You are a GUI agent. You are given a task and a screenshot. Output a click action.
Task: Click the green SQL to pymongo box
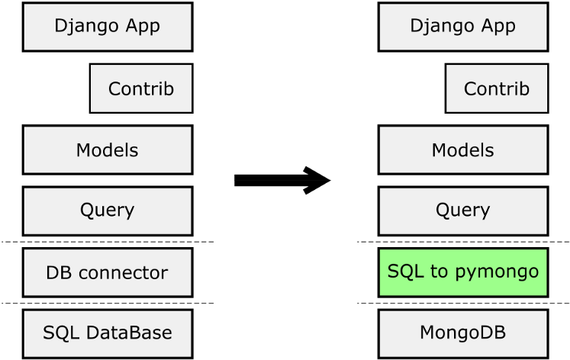click(462, 272)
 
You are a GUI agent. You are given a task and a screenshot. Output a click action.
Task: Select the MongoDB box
click(462, 334)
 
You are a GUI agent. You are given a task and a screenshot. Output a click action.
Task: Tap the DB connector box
click(108, 272)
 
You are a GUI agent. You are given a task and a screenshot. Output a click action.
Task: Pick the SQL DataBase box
click(108, 334)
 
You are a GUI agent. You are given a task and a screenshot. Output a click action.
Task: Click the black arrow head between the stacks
click(317, 180)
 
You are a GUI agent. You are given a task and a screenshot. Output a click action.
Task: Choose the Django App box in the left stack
click(108, 27)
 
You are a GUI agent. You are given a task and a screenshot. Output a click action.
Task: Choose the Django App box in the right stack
click(462, 27)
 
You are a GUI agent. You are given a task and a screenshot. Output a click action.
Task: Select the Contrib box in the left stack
click(141, 88)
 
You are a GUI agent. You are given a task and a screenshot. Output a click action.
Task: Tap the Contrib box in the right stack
click(497, 88)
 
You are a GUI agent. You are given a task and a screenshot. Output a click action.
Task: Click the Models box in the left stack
click(108, 149)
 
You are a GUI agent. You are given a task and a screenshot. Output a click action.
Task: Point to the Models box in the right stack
click(462, 149)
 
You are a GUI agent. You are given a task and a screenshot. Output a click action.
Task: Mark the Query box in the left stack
click(108, 211)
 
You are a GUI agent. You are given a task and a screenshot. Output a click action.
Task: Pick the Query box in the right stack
click(462, 211)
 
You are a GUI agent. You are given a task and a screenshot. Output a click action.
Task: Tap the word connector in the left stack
click(124, 273)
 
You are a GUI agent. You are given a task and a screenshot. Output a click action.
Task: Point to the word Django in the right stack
click(440, 27)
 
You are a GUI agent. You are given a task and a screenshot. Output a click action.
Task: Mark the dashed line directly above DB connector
click(108, 242)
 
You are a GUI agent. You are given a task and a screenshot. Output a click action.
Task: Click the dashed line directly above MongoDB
click(463, 303)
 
